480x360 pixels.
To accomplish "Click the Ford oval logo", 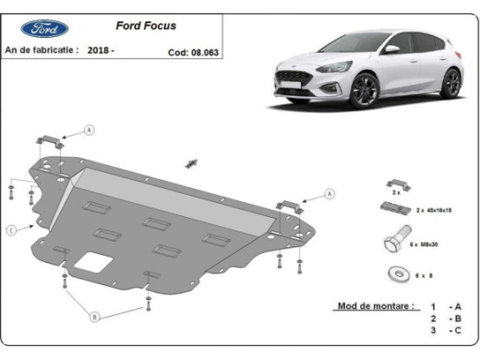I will point(42,30).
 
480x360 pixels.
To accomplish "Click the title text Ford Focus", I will point(146,26).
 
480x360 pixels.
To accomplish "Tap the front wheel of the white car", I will point(363,91).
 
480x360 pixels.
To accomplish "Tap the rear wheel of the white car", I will point(450,83).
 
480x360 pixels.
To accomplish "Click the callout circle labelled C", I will point(10,229).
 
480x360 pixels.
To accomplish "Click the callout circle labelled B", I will point(94,317).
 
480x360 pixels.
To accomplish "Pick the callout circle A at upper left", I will point(90,130).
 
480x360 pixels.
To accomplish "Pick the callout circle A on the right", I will point(330,195).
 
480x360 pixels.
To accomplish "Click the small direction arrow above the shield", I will point(193,162).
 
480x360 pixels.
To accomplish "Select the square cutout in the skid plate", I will point(90,262).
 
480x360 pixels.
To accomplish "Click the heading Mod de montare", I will point(376,306).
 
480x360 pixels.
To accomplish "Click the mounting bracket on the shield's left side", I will point(51,141).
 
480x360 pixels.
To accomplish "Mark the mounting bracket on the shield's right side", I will point(288,204).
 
